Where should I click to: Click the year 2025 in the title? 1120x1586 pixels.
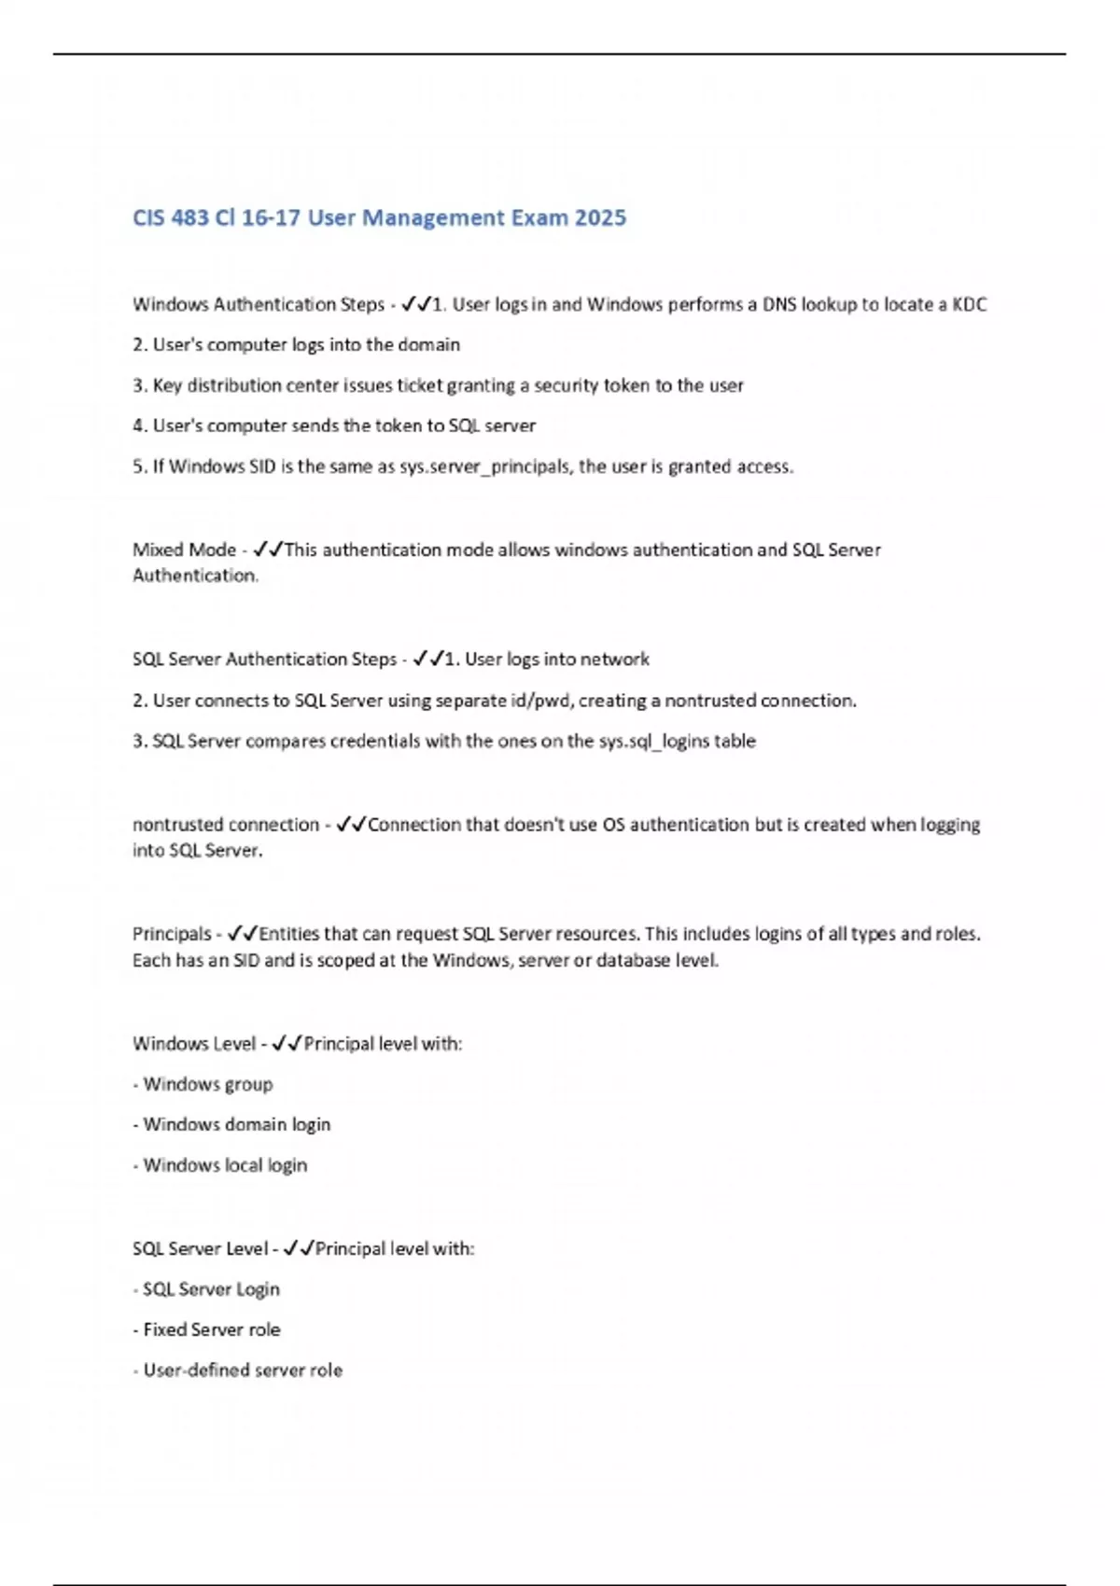click(600, 217)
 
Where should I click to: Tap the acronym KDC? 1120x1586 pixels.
click(969, 304)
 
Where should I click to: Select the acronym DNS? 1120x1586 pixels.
click(779, 304)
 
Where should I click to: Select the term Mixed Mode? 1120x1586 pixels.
click(184, 550)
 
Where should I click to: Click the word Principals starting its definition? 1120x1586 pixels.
click(172, 934)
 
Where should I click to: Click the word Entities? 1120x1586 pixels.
click(289, 934)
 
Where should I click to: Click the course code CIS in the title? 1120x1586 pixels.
click(148, 217)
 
